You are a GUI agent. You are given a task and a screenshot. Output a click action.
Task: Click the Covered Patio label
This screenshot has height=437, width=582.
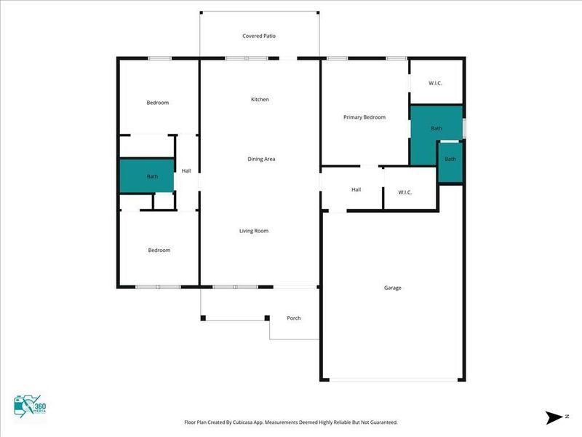(x=259, y=36)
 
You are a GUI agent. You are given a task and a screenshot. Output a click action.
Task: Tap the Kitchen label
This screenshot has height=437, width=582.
(x=260, y=99)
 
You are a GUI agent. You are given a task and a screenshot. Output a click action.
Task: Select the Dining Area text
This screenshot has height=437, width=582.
(x=261, y=159)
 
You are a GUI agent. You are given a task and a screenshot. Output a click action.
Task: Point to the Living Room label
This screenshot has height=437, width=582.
(x=254, y=231)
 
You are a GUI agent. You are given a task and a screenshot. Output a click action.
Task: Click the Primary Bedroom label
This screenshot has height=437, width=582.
(x=364, y=117)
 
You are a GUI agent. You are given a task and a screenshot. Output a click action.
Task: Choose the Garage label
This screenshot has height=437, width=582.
(x=393, y=288)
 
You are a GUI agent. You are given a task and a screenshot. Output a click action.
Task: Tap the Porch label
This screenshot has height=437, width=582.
(x=294, y=318)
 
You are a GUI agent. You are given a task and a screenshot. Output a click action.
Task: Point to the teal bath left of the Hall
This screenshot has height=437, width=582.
(x=148, y=176)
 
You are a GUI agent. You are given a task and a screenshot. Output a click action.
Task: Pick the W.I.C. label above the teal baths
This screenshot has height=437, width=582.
(x=436, y=83)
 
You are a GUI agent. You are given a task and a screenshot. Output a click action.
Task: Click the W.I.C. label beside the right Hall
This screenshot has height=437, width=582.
(x=405, y=192)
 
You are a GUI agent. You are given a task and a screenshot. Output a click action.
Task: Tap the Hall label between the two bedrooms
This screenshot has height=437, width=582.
(x=186, y=171)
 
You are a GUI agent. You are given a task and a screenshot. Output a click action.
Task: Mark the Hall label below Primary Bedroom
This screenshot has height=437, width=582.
(x=356, y=189)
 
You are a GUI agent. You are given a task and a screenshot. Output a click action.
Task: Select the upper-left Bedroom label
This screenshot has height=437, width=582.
(x=157, y=103)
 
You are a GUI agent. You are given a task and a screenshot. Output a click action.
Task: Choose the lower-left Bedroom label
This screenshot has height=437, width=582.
(x=159, y=250)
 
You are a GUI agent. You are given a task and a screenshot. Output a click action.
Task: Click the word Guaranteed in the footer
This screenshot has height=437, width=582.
(x=381, y=422)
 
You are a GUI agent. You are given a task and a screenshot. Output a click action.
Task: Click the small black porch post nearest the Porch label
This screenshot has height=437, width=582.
(x=267, y=318)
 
